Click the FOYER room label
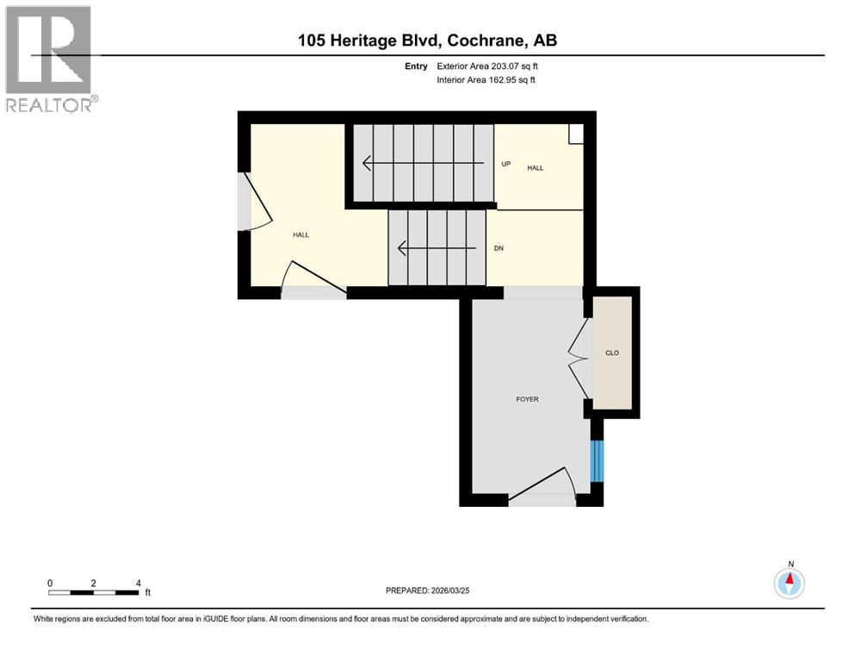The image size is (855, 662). (x=527, y=399)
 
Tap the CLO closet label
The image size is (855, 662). (x=612, y=353)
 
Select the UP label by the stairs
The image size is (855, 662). (x=506, y=164)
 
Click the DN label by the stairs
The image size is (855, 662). (x=499, y=248)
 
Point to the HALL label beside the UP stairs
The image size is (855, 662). (x=536, y=168)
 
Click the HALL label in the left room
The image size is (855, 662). (x=300, y=234)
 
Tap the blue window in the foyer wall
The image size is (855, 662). (x=594, y=461)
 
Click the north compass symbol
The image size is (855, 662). (x=789, y=583)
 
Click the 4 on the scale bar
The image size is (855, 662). (x=139, y=583)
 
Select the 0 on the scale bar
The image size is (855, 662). (x=50, y=583)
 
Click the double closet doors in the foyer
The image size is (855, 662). (x=577, y=353)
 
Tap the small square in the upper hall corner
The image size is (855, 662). (x=576, y=133)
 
